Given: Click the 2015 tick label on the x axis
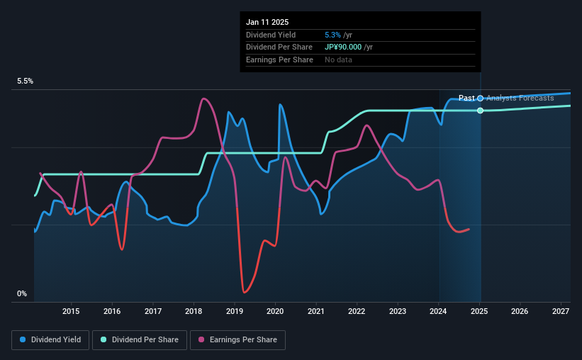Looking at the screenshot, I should [x=71, y=311].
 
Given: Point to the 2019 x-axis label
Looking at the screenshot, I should [x=235, y=311].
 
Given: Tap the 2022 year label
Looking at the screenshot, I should [x=357, y=311].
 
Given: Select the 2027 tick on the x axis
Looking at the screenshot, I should [x=561, y=311].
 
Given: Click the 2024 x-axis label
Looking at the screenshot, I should [x=439, y=311].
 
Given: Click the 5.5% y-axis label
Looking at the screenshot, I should [x=26, y=81].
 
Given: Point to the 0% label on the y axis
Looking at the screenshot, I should [x=22, y=293].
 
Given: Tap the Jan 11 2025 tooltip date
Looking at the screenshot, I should [x=267, y=22].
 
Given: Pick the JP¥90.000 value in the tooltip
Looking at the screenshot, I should [x=343, y=47].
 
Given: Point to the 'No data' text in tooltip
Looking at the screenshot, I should [x=338, y=60].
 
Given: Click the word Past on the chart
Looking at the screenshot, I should [x=466, y=98].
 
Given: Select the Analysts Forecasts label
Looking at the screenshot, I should [x=520, y=98].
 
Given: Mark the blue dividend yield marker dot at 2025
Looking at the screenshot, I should [x=481, y=98].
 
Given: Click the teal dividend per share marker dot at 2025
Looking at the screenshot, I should [x=481, y=111].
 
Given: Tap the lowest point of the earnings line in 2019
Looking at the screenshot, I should [x=244, y=291].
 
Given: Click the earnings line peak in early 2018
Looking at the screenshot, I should [x=203, y=99].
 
